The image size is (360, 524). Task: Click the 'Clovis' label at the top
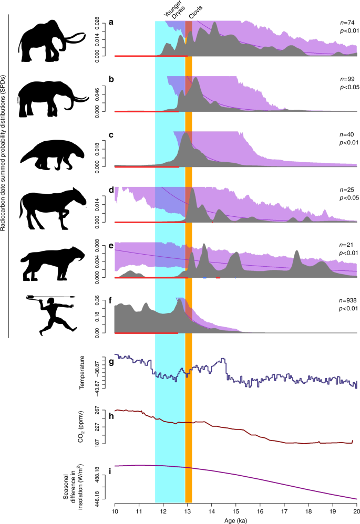tap(196, 10)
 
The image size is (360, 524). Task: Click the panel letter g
tap(111, 362)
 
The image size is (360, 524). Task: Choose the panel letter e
tap(111, 245)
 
